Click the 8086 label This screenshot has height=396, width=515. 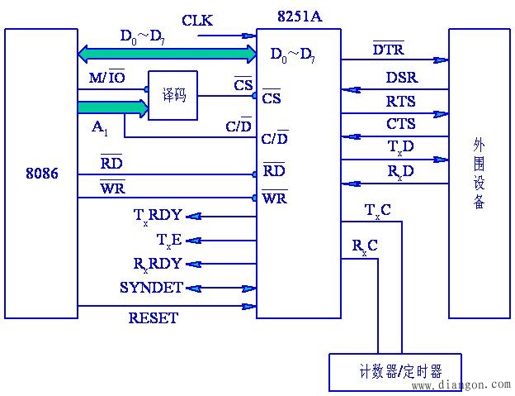tap(42, 174)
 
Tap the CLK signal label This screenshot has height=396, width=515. tap(197, 20)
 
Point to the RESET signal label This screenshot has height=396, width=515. tap(153, 317)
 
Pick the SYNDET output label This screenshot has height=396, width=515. tap(150, 287)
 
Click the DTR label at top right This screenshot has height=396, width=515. tap(388, 50)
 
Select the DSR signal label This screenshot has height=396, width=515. tap(401, 79)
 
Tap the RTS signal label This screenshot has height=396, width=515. tap(401, 102)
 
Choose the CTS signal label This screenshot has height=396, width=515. tap(401, 124)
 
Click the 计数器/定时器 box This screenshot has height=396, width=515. tap(395, 371)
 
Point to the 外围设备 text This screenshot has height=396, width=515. tap(479, 174)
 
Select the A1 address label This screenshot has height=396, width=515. tap(99, 129)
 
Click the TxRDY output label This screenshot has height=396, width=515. tap(158, 216)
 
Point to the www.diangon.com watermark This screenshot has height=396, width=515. tap(461, 384)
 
